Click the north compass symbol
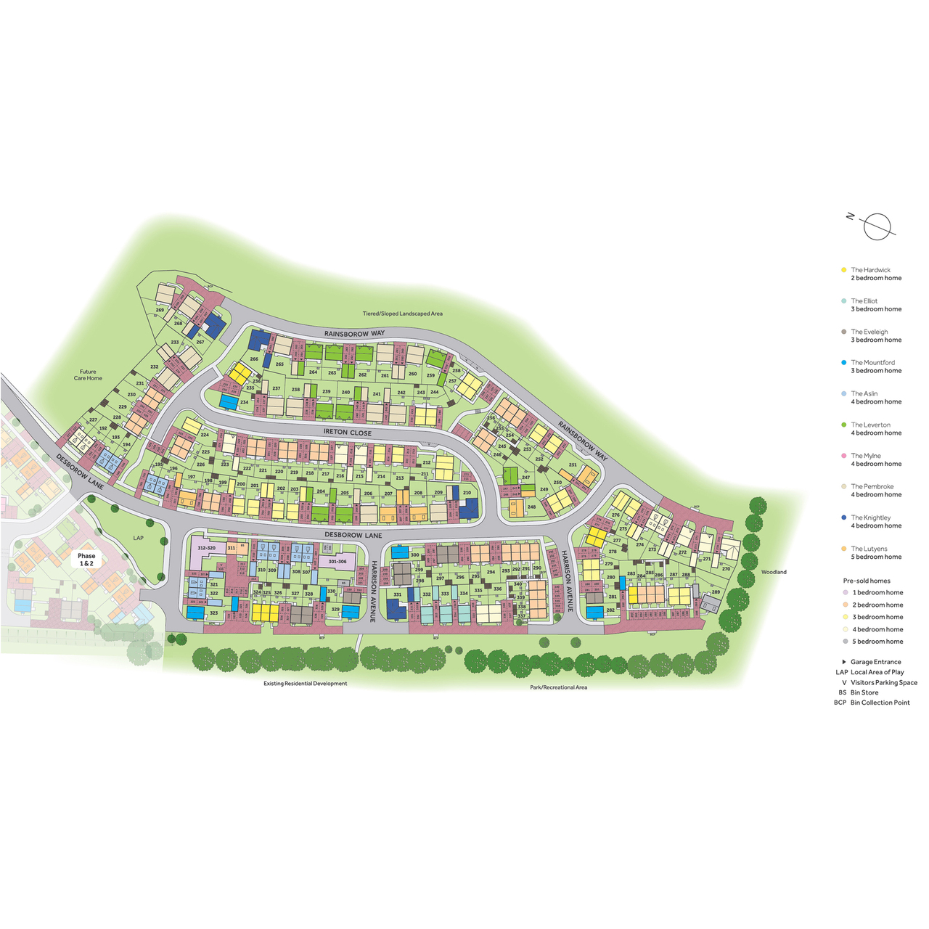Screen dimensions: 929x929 [876, 226]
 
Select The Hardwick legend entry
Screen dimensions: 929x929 [871, 274]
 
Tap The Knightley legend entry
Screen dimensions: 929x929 [871, 522]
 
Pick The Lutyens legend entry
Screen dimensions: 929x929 [871, 553]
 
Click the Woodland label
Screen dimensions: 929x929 [774, 572]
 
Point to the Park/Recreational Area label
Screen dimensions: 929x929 [558, 687]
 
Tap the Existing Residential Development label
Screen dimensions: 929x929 [305, 684]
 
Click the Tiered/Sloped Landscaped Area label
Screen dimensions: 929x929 [402, 314]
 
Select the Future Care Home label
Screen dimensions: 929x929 [89, 375]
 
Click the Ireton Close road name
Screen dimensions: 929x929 [347, 433]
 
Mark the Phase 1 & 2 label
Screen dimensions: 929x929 [86, 560]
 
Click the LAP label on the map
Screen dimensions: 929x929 [139, 538]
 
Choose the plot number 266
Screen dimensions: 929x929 [254, 359]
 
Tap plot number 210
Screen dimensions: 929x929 [467, 493]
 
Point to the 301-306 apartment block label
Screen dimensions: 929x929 [337, 561]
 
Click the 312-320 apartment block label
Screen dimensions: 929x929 [206, 548]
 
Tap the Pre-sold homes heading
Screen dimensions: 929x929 [867, 581]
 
